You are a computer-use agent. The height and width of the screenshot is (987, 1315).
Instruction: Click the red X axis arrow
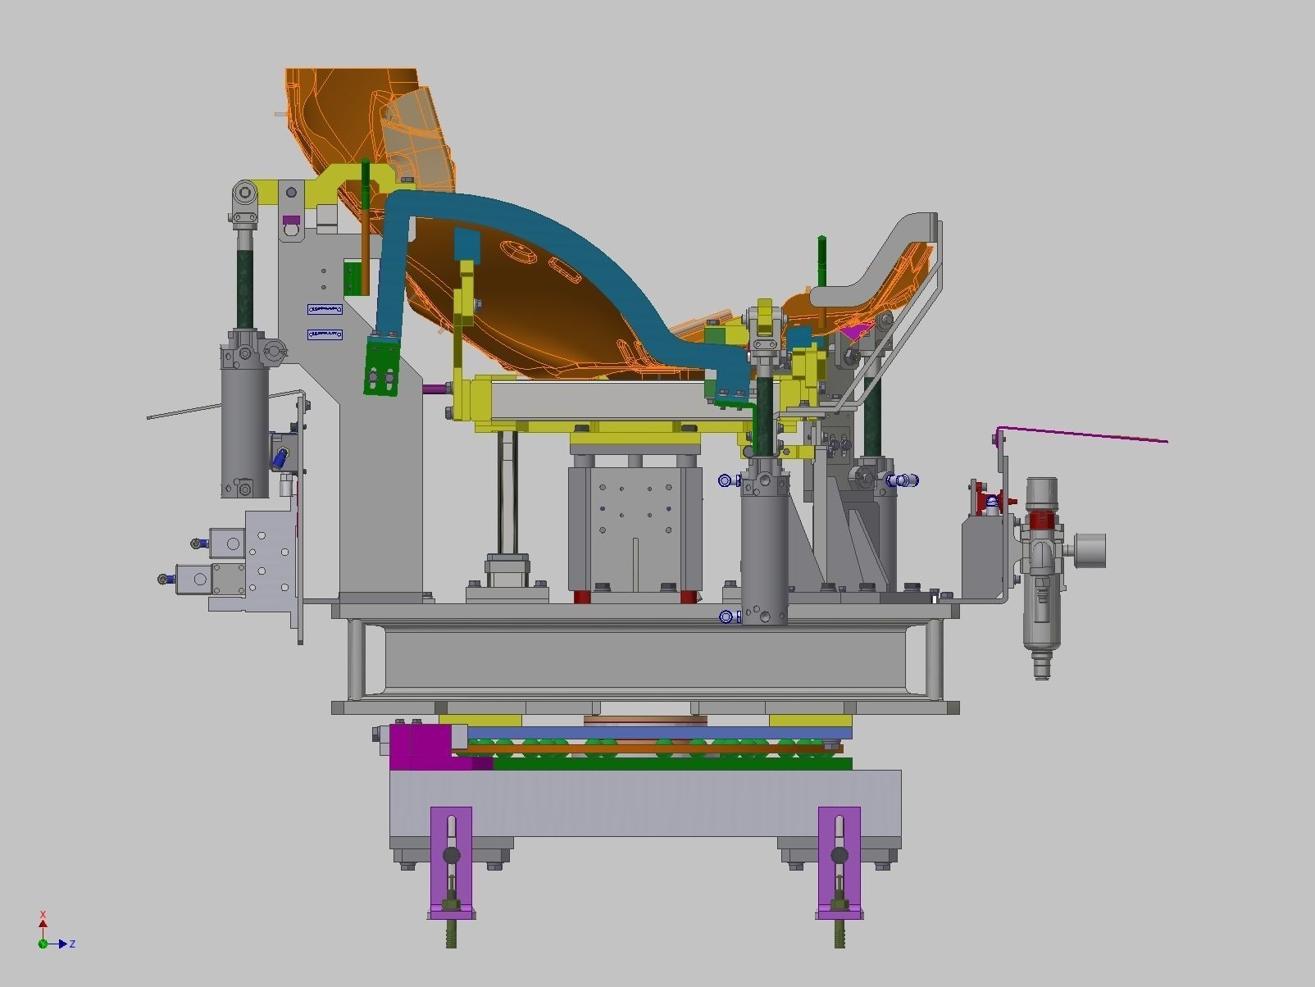pos(43,925)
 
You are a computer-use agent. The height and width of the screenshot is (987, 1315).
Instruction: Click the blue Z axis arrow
pos(61,944)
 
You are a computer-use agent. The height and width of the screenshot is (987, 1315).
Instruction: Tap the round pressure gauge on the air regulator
pos(1090,550)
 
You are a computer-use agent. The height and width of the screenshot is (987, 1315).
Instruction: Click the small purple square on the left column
pos(290,220)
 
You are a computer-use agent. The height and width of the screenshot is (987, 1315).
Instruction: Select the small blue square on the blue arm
pos(466,243)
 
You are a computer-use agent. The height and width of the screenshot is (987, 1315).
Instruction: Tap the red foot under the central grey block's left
pos(581,596)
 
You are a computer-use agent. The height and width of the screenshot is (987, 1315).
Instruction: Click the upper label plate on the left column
pos(325,309)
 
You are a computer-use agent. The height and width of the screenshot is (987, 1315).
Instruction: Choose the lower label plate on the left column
pos(325,334)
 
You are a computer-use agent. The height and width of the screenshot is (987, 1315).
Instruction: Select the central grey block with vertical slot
pos(635,525)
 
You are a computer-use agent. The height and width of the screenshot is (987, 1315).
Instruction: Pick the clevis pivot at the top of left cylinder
pos(245,195)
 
